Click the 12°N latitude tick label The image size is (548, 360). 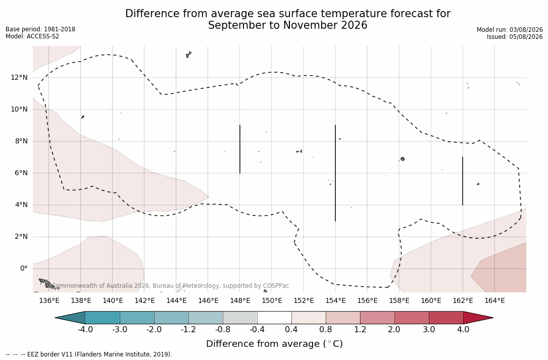(19, 77)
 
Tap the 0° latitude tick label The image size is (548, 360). (24, 268)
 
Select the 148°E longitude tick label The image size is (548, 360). (240, 300)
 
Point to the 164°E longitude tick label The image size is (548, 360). (494, 300)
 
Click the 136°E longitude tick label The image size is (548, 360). (49, 300)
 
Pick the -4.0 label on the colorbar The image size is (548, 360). (85, 330)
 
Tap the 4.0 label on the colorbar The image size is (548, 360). (463, 330)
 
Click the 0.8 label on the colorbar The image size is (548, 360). (326, 330)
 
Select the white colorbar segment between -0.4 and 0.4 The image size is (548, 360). (274, 318)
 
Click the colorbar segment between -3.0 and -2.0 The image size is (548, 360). (137, 318)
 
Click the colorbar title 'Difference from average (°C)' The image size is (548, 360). (274, 343)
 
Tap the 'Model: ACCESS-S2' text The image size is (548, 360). (32, 36)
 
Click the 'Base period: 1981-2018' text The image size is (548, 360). (40, 29)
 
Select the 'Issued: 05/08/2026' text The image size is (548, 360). (515, 37)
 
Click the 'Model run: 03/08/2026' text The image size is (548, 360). (510, 30)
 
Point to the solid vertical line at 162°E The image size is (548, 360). (463, 181)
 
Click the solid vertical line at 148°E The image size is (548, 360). (240, 149)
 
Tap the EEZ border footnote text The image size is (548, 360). (89, 354)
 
